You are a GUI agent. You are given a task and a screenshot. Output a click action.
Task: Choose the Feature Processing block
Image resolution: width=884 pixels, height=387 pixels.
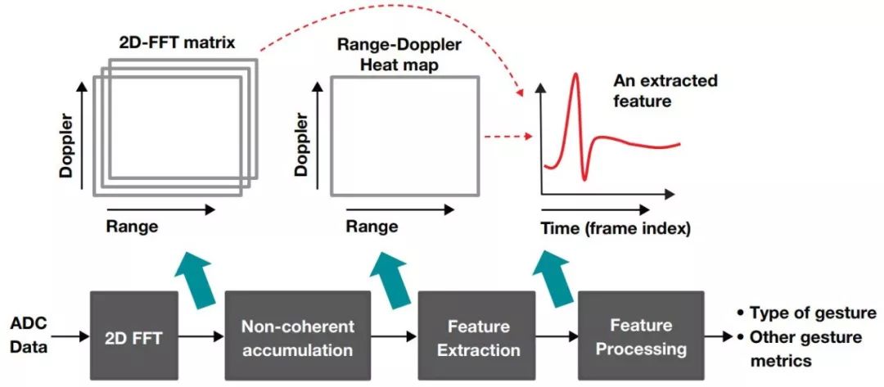pyautogui.click(x=641, y=336)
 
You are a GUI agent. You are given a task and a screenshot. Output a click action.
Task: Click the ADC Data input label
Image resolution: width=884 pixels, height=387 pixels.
pyautogui.click(x=29, y=335)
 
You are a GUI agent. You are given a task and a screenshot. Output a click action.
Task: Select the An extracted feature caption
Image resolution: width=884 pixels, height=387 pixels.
pyautogui.click(x=665, y=91)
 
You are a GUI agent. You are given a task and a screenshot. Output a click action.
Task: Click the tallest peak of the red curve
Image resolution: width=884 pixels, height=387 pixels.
pyautogui.click(x=576, y=76)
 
